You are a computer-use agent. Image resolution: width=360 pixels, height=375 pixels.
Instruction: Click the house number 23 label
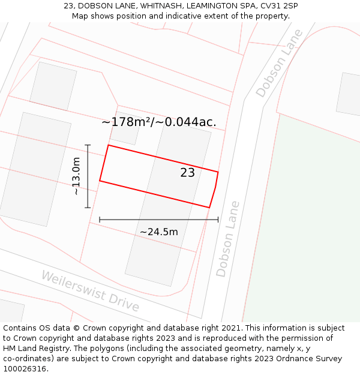(187, 173)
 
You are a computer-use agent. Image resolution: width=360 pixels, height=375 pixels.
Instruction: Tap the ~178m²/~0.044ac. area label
(159, 122)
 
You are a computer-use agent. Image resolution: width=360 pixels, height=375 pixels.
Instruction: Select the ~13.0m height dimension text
(76, 176)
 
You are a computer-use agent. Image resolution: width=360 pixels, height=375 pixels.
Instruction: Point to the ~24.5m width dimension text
(159, 232)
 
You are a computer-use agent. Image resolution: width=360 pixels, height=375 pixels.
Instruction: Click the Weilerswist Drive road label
(90, 291)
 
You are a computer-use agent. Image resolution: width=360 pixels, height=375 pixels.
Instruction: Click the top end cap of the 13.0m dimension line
(88, 145)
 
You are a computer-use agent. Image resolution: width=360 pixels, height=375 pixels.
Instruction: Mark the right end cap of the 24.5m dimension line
(218, 220)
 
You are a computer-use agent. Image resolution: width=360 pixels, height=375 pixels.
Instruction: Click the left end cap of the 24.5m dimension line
(100, 220)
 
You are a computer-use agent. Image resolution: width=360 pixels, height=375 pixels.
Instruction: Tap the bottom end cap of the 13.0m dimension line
(88, 208)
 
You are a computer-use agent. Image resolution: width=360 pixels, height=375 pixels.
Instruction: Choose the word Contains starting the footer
(20, 328)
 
